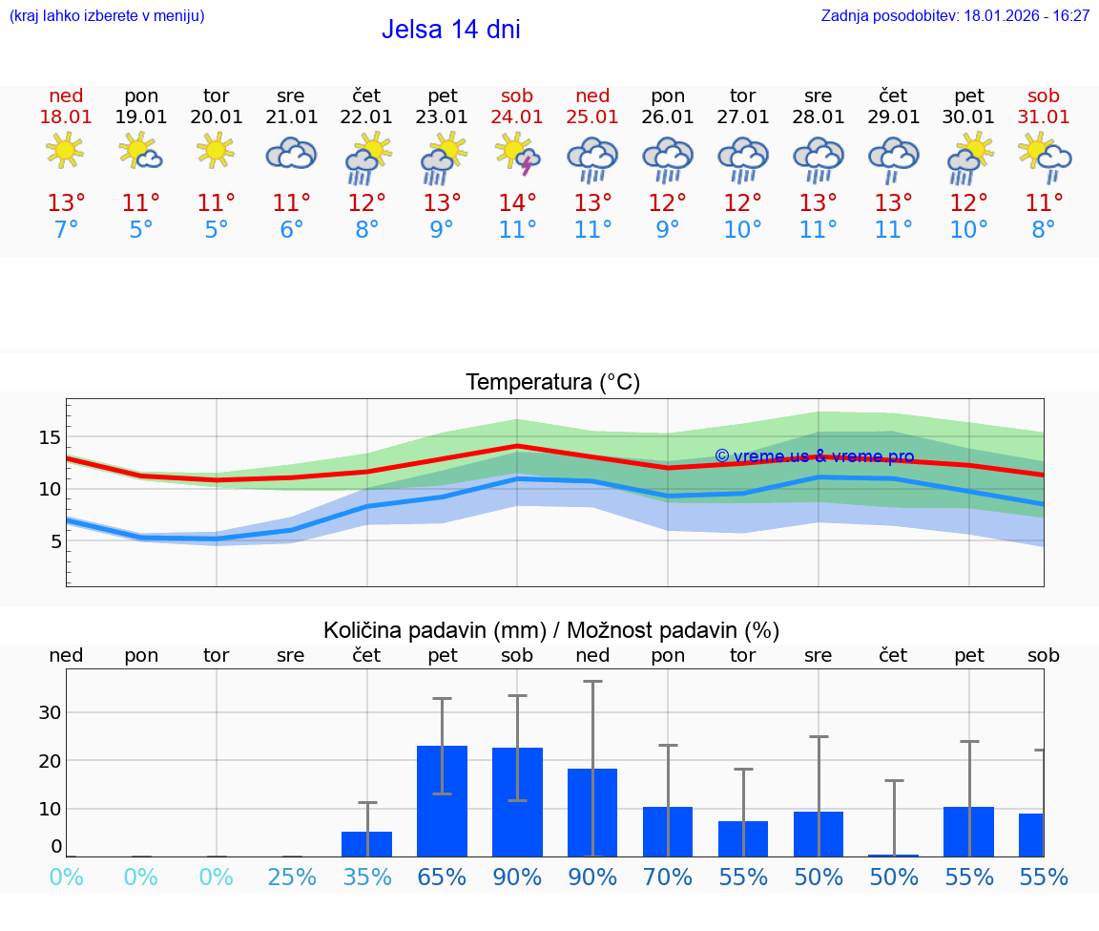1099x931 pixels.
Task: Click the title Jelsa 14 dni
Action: [450, 30]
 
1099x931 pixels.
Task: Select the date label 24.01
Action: [517, 117]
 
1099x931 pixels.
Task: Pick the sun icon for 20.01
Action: [216, 150]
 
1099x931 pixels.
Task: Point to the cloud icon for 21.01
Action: [291, 153]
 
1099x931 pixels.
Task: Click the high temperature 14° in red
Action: [517, 203]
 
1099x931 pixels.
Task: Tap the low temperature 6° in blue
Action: [291, 229]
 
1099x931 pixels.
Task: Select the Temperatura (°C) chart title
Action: [552, 383]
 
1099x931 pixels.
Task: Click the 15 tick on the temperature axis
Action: [49, 437]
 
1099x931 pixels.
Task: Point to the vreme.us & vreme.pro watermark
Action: [814, 456]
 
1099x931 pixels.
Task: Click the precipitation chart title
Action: [551, 630]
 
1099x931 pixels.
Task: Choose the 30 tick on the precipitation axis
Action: [50, 712]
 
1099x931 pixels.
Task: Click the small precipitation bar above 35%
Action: [367, 844]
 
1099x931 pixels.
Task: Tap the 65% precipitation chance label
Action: [443, 878]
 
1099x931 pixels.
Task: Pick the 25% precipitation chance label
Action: [291, 878]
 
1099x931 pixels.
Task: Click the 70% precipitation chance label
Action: [668, 878]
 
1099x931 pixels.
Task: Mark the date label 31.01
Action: [1044, 117]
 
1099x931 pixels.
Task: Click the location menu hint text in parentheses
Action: [107, 16]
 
